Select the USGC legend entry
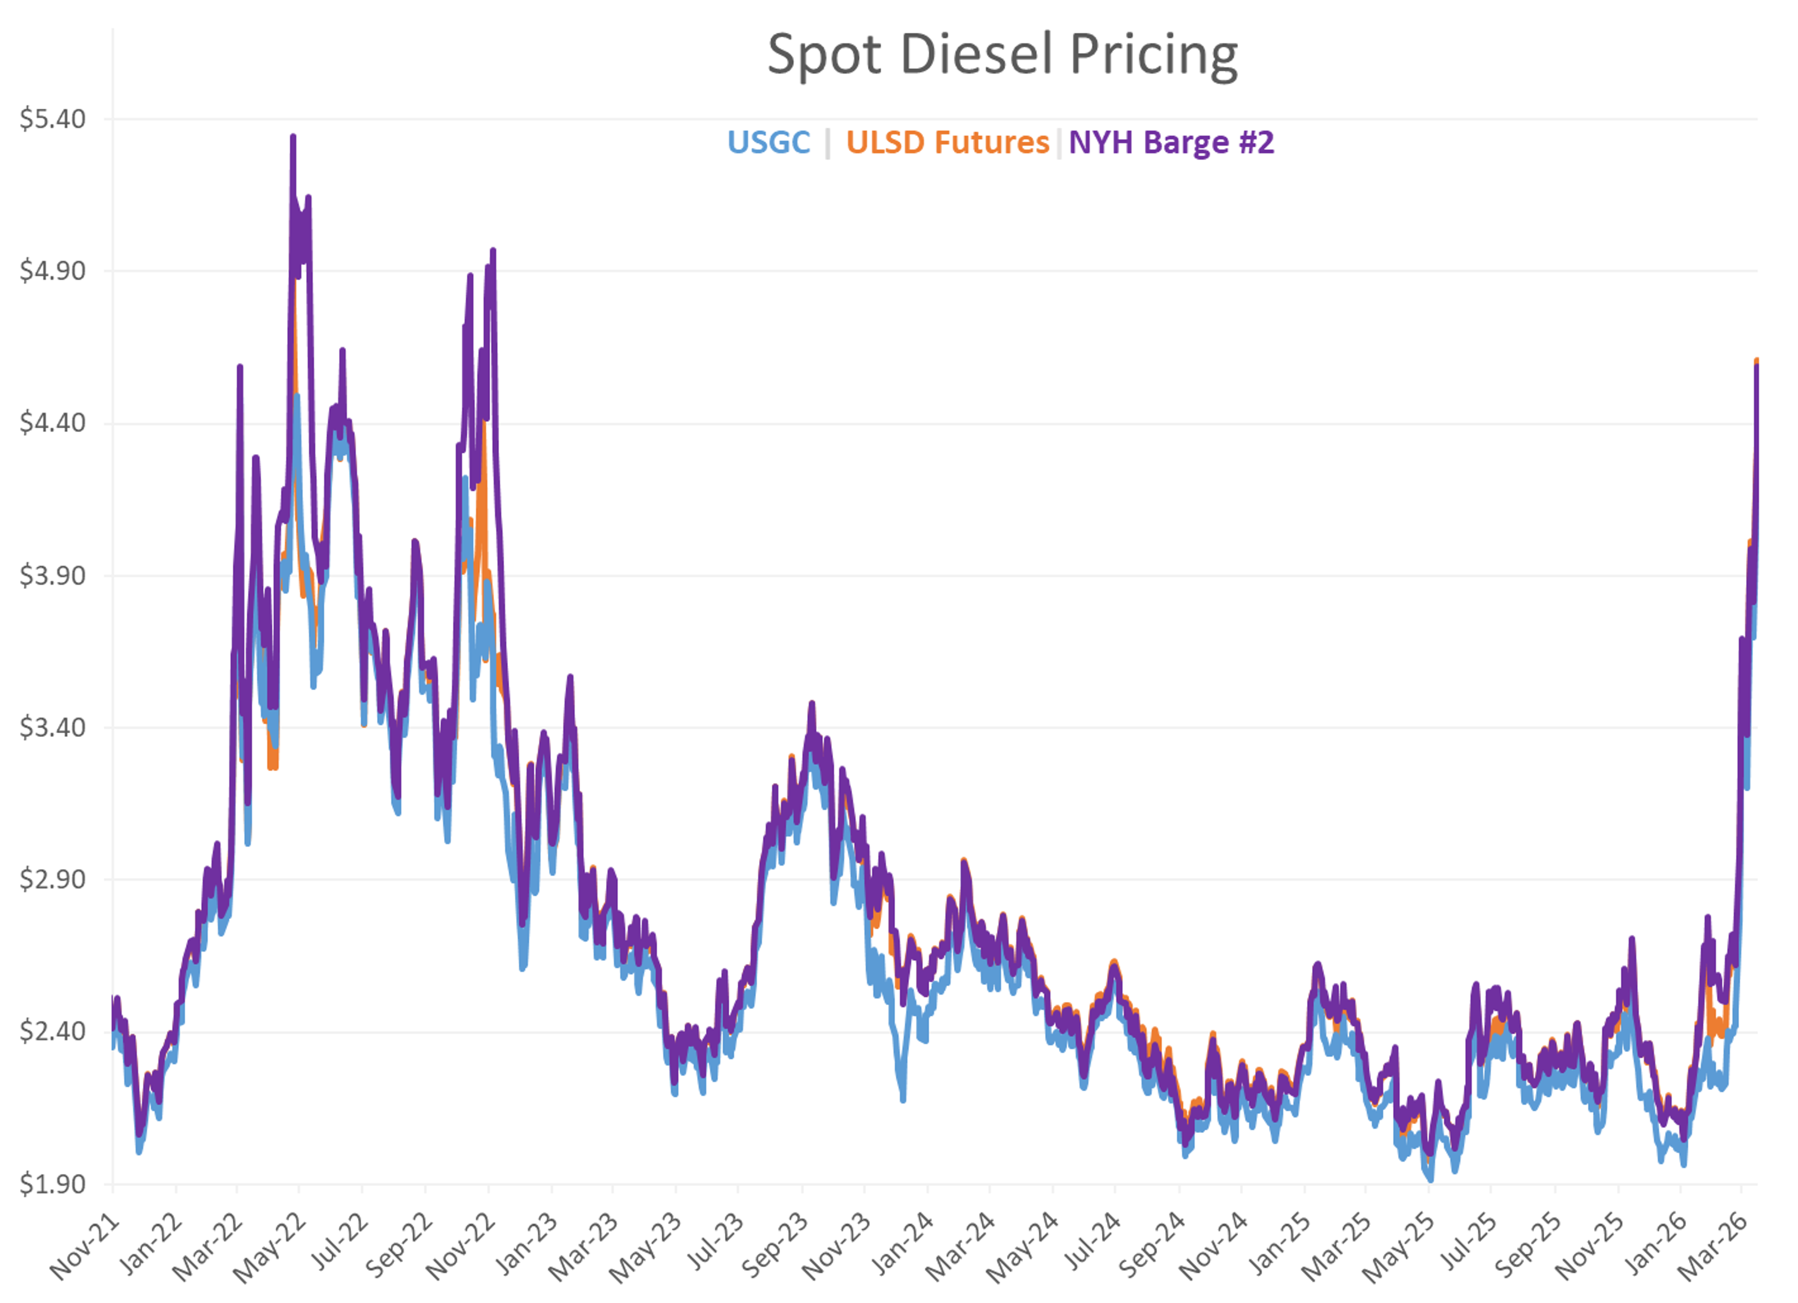coord(768,143)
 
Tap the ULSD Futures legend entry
coord(947,143)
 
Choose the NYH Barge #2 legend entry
coord(1171,143)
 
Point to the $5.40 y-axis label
coord(52,119)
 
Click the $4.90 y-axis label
coord(52,271)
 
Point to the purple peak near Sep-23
coord(812,703)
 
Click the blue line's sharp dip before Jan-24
coord(903,1098)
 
